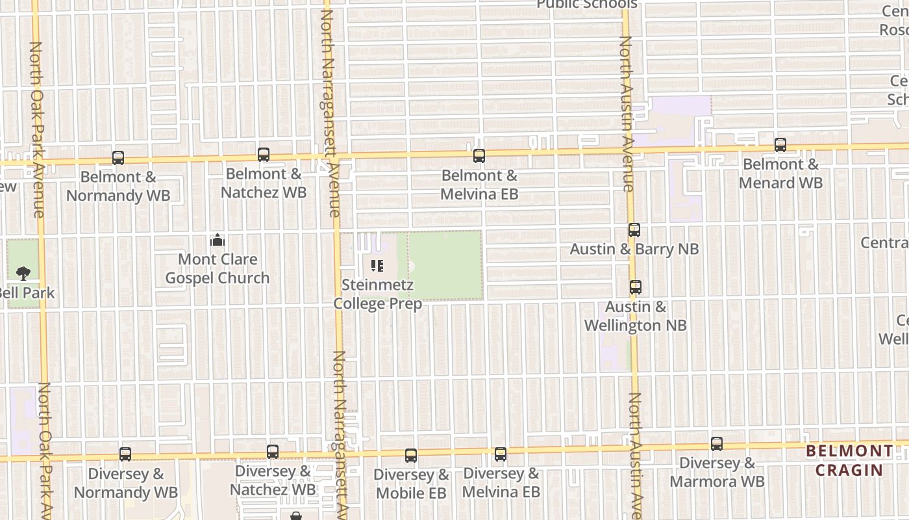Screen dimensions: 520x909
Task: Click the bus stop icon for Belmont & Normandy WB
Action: (x=118, y=157)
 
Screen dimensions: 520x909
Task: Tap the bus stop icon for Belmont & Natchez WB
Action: (x=263, y=155)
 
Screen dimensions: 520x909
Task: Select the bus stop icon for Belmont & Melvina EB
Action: (x=479, y=156)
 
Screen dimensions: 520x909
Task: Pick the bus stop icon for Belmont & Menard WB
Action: (x=780, y=145)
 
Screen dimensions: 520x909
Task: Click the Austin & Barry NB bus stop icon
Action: (x=634, y=230)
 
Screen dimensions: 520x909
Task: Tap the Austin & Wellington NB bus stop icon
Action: (x=635, y=287)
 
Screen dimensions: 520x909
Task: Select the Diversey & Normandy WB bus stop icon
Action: (x=125, y=454)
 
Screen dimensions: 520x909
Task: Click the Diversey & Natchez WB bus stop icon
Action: (x=273, y=452)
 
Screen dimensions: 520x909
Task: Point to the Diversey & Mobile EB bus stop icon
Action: (x=410, y=456)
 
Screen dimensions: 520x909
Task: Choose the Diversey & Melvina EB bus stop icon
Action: (x=500, y=454)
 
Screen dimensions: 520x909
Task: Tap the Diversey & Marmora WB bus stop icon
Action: (x=716, y=444)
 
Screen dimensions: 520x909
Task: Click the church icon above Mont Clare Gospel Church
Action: (x=217, y=240)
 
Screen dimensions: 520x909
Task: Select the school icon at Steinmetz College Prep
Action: (x=377, y=266)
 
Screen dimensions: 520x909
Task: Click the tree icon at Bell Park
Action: (x=23, y=273)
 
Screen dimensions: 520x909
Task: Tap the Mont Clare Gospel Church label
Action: (x=218, y=268)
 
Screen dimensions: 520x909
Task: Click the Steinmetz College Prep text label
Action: (x=378, y=294)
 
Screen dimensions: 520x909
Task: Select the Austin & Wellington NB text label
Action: (x=636, y=316)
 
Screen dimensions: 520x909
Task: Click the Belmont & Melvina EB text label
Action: (x=479, y=185)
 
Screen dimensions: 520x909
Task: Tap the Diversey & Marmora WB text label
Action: (x=717, y=473)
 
